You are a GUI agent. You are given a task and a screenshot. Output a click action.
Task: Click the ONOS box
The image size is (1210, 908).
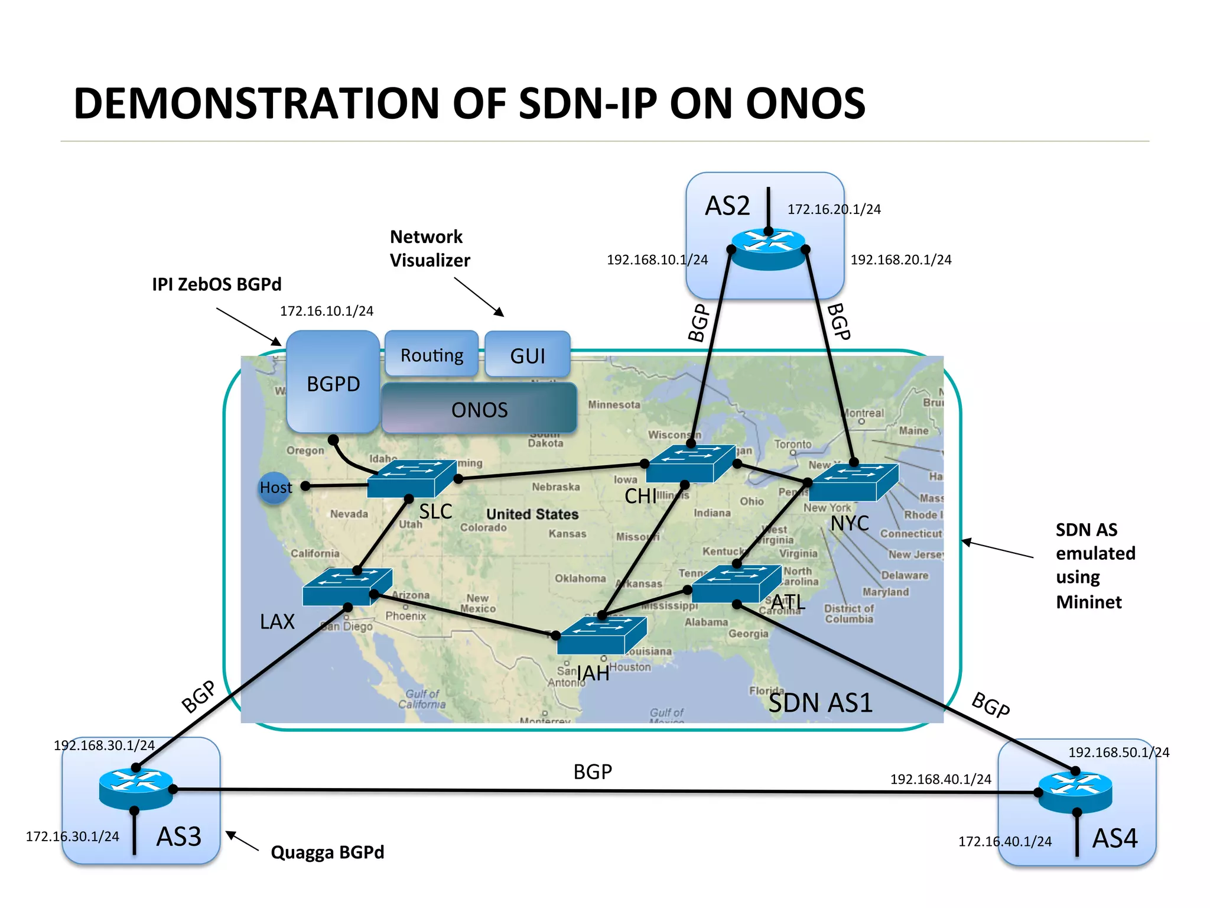pos(479,408)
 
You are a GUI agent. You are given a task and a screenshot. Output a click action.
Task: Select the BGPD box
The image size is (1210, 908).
pos(333,383)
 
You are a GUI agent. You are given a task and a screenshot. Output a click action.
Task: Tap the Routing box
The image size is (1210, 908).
pos(431,355)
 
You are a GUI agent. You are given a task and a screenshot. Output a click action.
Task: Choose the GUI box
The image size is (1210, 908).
pos(528,355)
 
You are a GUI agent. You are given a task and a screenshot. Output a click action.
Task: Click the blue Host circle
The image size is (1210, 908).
pos(275,488)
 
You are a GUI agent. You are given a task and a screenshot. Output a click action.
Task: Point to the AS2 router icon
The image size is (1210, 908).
pos(768,248)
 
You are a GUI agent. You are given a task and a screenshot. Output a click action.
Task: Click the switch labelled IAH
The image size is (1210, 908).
pos(601,635)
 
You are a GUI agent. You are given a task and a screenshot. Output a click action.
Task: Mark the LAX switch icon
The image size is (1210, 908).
pos(347,586)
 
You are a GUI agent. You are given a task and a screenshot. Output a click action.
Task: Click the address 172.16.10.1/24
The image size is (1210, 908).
pos(327,311)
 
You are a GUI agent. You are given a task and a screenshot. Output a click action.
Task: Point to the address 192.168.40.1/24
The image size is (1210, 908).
pos(941,779)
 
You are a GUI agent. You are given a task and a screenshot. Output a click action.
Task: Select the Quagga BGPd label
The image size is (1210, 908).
pos(327,852)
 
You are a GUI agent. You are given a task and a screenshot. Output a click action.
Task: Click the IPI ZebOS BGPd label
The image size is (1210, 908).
pos(216,284)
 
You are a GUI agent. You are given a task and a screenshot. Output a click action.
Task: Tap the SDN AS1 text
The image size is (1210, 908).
pos(821,703)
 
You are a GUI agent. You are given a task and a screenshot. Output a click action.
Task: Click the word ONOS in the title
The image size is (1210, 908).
pos(805,104)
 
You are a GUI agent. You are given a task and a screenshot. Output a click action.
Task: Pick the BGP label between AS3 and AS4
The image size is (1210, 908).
pos(593,771)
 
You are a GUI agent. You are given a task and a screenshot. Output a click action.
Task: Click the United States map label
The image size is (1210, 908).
pos(532,514)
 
